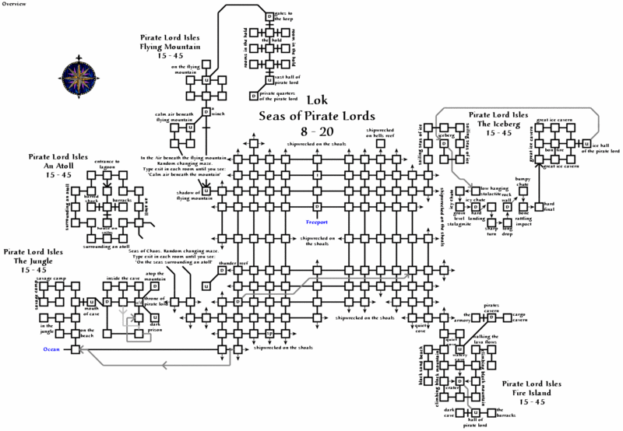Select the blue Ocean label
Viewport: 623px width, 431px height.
(x=51, y=350)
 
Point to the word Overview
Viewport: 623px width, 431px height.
(x=16, y=4)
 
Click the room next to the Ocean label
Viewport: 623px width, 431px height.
(x=76, y=350)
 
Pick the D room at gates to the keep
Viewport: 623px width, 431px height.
(x=270, y=16)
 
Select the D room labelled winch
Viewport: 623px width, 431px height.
(x=206, y=112)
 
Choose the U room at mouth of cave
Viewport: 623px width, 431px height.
(x=91, y=301)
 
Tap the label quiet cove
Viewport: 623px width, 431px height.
(x=424, y=328)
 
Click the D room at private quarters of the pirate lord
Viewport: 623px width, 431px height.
(x=253, y=96)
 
